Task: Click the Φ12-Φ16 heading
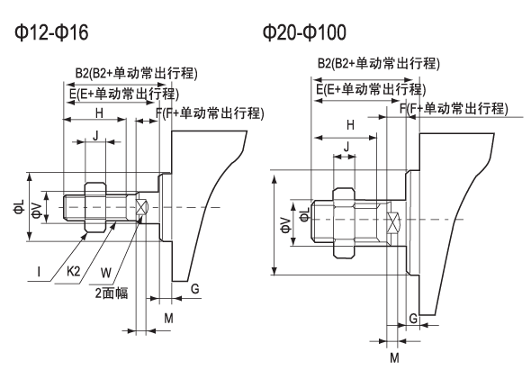(51, 32)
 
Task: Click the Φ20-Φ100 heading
(304, 32)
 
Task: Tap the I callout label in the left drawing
(39, 272)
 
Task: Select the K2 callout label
(74, 271)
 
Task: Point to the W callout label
(106, 273)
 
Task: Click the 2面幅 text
(112, 293)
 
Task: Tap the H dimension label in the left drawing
(99, 113)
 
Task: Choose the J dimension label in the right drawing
(346, 147)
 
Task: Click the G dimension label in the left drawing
(194, 289)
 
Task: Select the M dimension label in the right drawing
(394, 357)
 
